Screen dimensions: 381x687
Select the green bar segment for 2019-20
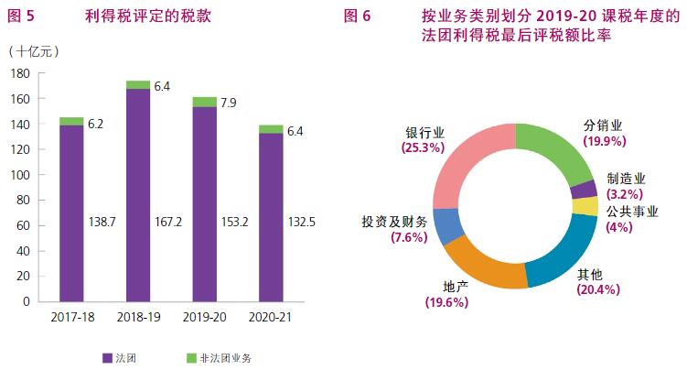pyautogui.click(x=205, y=102)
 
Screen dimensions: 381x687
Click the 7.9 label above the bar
pyautogui.click(x=228, y=103)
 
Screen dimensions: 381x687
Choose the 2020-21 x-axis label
pyautogui.click(x=272, y=317)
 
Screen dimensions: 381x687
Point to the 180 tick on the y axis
pyautogui.click(x=21, y=73)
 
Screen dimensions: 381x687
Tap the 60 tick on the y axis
pyautogui.click(x=25, y=225)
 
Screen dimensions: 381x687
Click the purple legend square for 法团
pyautogui.click(x=107, y=357)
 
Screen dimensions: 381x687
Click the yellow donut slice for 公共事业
pyautogui.click(x=591, y=206)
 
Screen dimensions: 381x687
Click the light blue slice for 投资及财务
pyautogui.click(x=445, y=226)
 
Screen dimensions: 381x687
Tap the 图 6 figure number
pyautogui.click(x=358, y=16)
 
